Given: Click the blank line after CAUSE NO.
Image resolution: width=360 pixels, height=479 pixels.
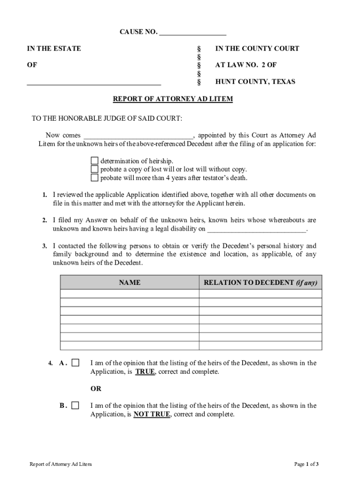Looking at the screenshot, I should pyautogui.click(x=193, y=33).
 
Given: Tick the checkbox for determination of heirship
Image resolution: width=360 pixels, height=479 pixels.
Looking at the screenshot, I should pyautogui.click(x=94, y=160).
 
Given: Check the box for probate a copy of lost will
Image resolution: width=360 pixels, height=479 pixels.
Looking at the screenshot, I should pyautogui.click(x=94, y=169).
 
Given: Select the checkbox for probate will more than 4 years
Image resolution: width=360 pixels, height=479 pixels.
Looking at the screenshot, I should pyautogui.click(x=94, y=178).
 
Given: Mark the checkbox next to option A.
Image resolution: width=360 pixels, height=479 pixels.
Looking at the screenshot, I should pyautogui.click(x=75, y=363).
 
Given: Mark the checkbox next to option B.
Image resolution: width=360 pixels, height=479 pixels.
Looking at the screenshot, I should pyautogui.click(x=75, y=406).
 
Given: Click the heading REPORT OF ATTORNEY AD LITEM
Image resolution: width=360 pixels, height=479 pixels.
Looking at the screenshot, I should pyautogui.click(x=173, y=99).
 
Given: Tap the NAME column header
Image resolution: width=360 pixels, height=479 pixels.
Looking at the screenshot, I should pyautogui.click(x=130, y=283).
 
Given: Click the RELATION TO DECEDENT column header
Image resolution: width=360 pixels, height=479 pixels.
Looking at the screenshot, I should pyautogui.click(x=260, y=283).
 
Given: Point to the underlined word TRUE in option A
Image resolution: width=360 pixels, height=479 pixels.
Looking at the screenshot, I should pyautogui.click(x=145, y=372).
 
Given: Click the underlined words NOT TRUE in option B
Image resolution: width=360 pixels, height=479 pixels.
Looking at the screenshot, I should pyautogui.click(x=151, y=414).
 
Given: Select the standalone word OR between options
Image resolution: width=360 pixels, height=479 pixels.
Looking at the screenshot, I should pyautogui.click(x=95, y=389).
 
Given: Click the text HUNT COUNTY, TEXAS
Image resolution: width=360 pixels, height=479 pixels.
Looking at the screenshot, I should pyautogui.click(x=255, y=82).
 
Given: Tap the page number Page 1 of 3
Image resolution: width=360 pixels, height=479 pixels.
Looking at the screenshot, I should pyautogui.click(x=306, y=464).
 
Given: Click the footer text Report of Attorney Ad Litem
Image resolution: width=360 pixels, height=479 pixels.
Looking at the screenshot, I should pyautogui.click(x=61, y=464).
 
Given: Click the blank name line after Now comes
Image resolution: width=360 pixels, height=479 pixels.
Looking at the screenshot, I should pyautogui.click(x=137, y=136).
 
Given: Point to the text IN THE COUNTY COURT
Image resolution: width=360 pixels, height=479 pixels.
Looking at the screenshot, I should pyautogui.click(x=257, y=49).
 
